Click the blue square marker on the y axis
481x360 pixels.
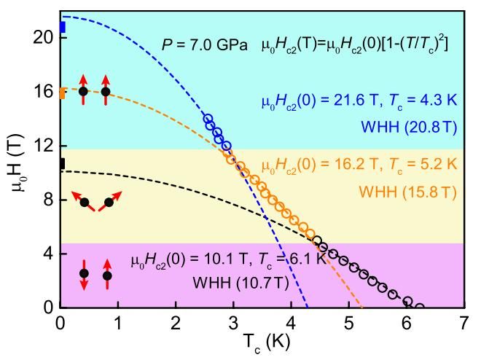click(63, 28)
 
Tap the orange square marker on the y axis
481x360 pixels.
click(63, 93)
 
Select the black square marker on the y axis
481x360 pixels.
click(63, 163)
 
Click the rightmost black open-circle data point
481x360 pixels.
click(419, 307)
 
